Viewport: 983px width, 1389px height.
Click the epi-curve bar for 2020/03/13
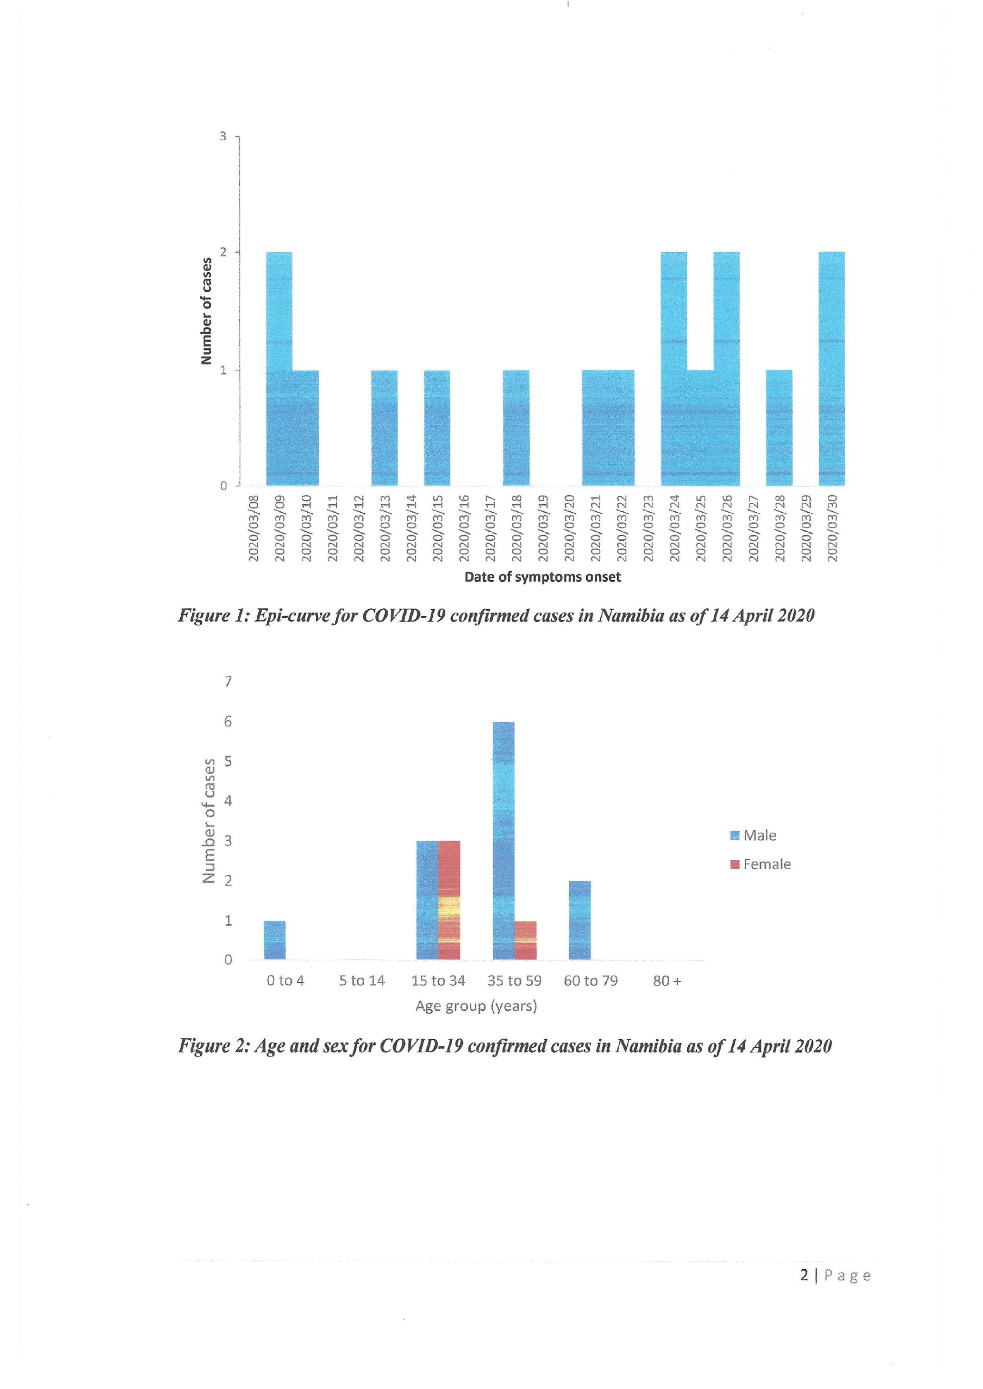pyautogui.click(x=384, y=428)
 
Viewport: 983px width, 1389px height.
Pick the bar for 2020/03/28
pyautogui.click(x=779, y=428)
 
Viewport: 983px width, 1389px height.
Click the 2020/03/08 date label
pyautogui.click(x=253, y=528)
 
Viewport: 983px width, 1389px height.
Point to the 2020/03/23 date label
pyautogui.click(x=648, y=528)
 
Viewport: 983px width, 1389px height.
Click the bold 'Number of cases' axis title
pyautogui.click(x=206, y=311)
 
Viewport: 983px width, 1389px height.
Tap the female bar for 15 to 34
pyautogui.click(x=448, y=900)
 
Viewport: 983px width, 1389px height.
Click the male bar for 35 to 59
pyautogui.click(x=503, y=841)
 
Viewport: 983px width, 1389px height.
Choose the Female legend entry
pyautogui.click(x=761, y=864)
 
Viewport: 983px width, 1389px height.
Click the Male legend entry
pyautogui.click(x=754, y=835)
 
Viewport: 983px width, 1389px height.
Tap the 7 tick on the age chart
pyautogui.click(x=228, y=682)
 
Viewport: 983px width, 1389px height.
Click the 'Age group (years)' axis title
pyautogui.click(x=477, y=1006)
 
